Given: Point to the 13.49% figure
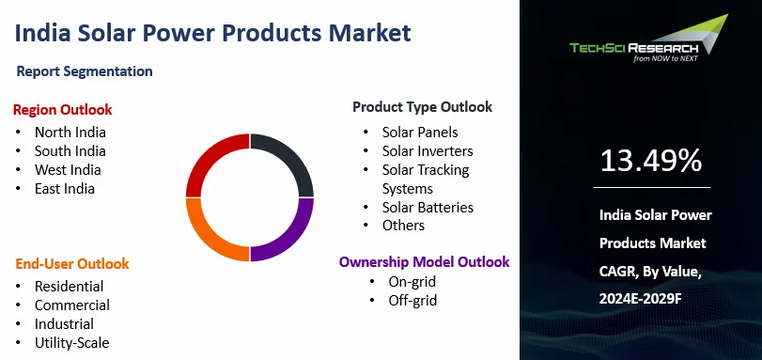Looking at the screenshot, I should pyautogui.click(x=651, y=161).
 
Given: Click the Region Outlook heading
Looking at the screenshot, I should pyautogui.click(x=62, y=109).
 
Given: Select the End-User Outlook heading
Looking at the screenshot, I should pyautogui.click(x=71, y=263).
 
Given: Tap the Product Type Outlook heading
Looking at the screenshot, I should pyautogui.click(x=422, y=107).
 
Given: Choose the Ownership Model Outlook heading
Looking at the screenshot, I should pyautogui.click(x=424, y=261).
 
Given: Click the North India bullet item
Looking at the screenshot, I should pyautogui.click(x=70, y=133).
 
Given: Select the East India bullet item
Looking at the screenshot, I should pyautogui.click(x=65, y=189).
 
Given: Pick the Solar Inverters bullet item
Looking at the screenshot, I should pyautogui.click(x=427, y=150).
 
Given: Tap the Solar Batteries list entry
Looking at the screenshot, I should pyautogui.click(x=428, y=207).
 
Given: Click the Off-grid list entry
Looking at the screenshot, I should pyautogui.click(x=412, y=301).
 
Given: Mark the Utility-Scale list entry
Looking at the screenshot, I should pyautogui.click(x=72, y=342).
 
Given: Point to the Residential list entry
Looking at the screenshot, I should pyautogui.click(x=69, y=286).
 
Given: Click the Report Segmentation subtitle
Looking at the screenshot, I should pyautogui.click(x=85, y=71).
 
